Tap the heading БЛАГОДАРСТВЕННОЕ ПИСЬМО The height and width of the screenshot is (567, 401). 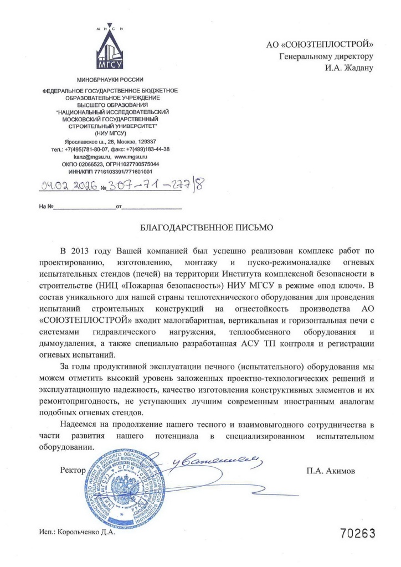(206, 227)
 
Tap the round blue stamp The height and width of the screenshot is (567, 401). (125, 489)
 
